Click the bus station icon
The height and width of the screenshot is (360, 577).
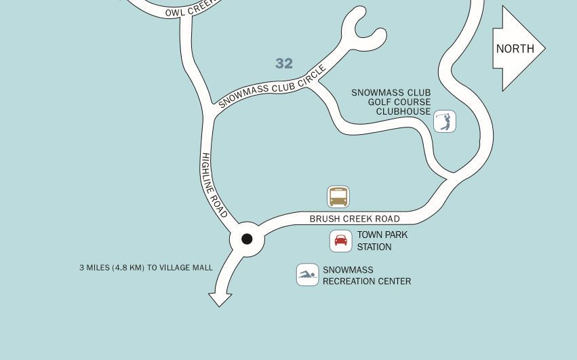338,197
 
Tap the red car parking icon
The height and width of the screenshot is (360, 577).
341,241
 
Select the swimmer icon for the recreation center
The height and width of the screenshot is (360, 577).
307,275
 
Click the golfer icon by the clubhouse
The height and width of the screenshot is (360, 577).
445,121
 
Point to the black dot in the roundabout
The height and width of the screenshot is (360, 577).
247,239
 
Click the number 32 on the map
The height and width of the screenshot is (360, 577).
284,64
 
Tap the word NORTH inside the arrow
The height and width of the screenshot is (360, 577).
515,49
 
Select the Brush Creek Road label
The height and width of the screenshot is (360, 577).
355,219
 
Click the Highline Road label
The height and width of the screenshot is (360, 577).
214,185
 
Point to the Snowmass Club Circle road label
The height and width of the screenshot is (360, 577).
273,87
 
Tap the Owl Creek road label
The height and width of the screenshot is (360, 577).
192,9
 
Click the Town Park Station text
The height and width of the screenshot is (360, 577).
382,241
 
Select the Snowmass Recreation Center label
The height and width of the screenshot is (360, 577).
367,275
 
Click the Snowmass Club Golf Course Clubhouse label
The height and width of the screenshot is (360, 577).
391,102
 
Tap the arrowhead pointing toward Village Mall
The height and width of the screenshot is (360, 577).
220,299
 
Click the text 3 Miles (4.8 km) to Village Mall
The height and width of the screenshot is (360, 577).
146,268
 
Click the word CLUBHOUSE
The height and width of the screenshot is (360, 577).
403,112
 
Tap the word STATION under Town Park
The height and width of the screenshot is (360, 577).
374,247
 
